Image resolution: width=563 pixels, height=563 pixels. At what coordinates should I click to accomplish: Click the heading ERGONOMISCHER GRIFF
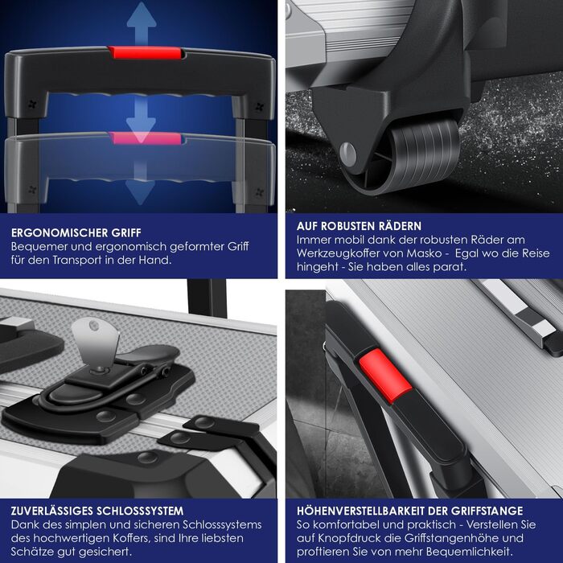click(x=76, y=232)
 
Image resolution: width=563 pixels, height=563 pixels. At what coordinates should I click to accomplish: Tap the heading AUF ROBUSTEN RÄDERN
click(x=359, y=226)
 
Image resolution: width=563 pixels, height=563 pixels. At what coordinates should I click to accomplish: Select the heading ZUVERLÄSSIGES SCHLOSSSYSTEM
click(x=97, y=511)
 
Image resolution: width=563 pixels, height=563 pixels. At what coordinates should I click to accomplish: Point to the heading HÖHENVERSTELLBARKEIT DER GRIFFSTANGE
click(x=409, y=511)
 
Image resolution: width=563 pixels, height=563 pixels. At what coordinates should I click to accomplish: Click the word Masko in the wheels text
click(x=424, y=253)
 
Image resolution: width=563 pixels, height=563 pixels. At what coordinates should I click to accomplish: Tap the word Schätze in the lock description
click(x=32, y=552)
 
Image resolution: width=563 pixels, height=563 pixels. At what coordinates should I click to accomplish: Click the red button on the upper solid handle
click(x=146, y=52)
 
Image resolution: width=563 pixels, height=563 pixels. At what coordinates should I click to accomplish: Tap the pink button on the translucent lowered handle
click(x=146, y=138)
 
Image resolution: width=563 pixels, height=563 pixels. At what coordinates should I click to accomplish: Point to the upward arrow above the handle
click(x=142, y=23)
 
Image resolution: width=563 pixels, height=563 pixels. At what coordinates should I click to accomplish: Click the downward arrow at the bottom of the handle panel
click(x=141, y=184)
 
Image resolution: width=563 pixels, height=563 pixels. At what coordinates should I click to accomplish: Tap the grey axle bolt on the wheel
click(x=347, y=154)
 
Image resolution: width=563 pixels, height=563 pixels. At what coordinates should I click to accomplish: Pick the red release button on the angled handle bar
click(x=385, y=376)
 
